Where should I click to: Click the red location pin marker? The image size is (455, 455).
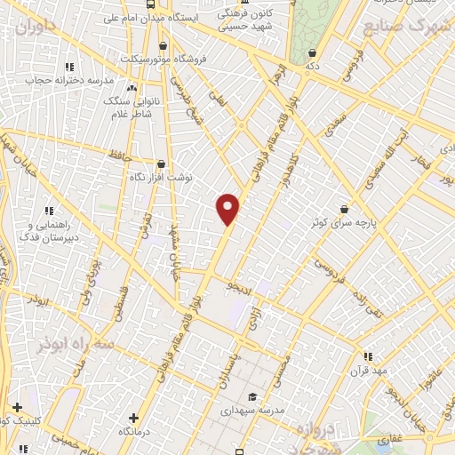tap(228, 209)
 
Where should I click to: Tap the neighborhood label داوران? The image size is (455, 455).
tap(36, 26)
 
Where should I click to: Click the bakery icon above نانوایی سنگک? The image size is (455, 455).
tap(132, 87)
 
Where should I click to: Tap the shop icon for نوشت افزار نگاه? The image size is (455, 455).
tap(160, 164)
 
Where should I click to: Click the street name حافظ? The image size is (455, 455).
tap(120, 156)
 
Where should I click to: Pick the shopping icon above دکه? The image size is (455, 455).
tap(311, 52)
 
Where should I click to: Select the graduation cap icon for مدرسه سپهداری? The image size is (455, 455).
tap(252, 397)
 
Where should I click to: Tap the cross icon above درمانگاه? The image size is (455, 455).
tap(133, 417)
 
